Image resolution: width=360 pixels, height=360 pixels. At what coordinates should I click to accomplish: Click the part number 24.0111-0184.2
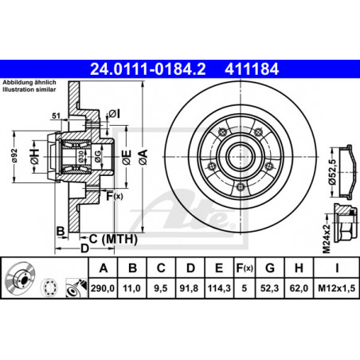pyautogui.click(x=148, y=69)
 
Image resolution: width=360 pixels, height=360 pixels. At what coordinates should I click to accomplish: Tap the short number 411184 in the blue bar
pyautogui.click(x=252, y=69)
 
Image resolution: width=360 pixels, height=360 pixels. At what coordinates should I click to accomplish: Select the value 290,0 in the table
pyautogui.click(x=103, y=288)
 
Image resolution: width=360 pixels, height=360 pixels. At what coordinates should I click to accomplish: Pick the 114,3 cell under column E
pyautogui.click(x=219, y=288)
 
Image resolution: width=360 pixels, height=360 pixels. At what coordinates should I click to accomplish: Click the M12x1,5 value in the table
pyautogui.click(x=337, y=288)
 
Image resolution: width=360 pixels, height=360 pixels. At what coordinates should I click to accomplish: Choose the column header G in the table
pyautogui.click(x=270, y=268)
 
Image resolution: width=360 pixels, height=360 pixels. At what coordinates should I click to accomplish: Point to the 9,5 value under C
pyautogui.click(x=161, y=288)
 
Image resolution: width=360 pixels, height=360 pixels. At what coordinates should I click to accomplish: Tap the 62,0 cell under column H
pyautogui.click(x=299, y=288)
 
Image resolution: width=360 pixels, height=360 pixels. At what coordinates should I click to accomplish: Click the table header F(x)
pyautogui.click(x=245, y=268)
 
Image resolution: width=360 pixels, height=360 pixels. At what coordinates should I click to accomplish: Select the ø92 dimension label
pyautogui.click(x=14, y=155)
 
